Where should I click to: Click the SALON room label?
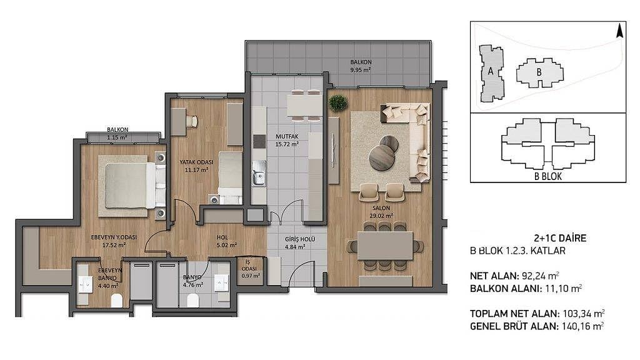click(381, 207)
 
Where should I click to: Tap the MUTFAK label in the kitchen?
click(287, 136)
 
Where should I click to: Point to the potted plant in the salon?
click(338, 103)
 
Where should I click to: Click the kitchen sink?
click(258, 174)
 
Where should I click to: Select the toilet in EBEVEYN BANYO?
click(117, 301)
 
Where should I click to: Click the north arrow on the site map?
click(619, 31)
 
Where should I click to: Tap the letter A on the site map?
click(491, 71)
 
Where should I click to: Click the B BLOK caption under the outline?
click(547, 176)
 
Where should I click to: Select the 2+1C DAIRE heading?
click(560, 238)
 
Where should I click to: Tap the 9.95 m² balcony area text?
click(361, 70)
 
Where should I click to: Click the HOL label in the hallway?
click(222, 237)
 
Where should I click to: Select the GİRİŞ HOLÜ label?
click(300, 239)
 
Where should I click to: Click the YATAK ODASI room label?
click(196, 162)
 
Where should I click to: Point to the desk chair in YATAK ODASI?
click(192, 121)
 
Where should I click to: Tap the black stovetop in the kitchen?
click(259, 141)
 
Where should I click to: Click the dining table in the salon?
click(385, 245)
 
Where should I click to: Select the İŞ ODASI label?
click(249, 266)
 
